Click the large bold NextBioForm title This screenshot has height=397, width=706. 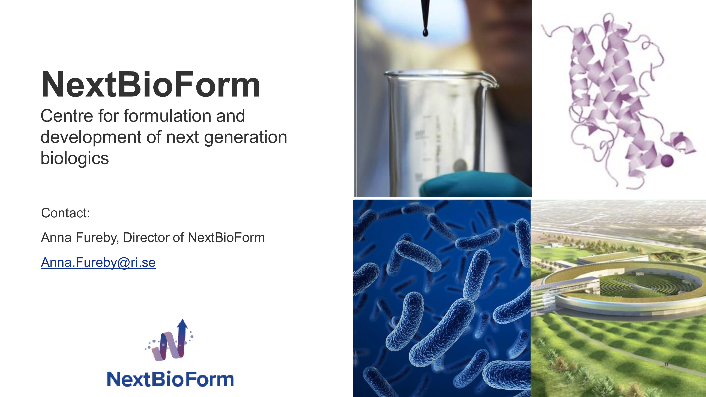[150, 84]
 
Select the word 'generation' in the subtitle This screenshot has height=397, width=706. [246, 138]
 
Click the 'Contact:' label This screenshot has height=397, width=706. [65, 213]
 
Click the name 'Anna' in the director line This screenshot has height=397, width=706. [56, 237]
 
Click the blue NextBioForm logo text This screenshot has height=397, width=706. [170, 379]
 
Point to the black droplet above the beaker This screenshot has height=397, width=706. [425, 33]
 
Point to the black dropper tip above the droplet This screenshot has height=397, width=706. [425, 14]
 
